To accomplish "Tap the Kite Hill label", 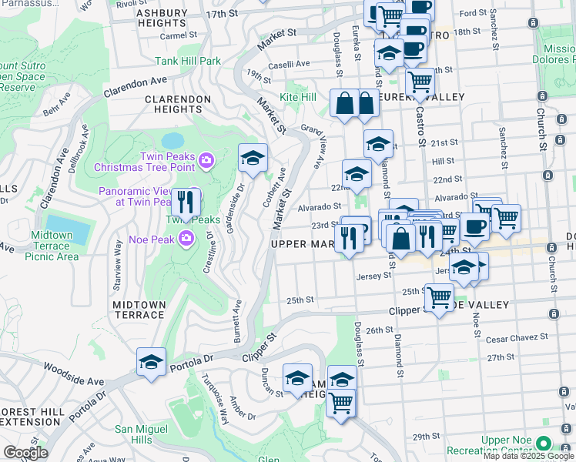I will [298, 98].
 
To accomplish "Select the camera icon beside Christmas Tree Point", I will [206, 160].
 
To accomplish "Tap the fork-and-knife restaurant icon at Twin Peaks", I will [186, 203].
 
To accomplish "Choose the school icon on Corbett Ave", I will [253, 159].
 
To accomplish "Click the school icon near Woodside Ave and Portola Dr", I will [151, 362].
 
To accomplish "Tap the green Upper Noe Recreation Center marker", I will [544, 444].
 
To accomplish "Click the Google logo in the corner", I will [25, 453].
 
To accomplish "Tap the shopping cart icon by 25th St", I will [439, 296].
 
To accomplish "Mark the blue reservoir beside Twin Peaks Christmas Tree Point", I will [173, 141].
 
